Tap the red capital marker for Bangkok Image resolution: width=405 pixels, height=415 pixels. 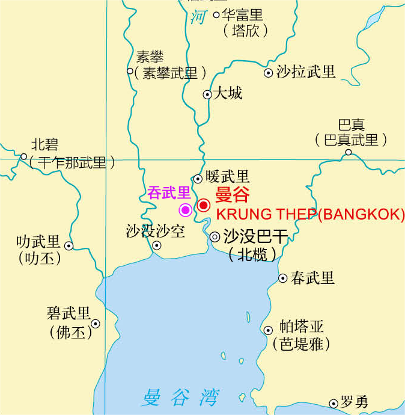coord(204,206)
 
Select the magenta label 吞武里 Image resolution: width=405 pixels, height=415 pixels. coord(169,193)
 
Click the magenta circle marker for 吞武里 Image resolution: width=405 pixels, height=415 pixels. coord(186,209)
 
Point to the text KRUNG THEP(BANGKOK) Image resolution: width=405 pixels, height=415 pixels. coord(310,215)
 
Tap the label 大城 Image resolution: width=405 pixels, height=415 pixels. coord(228,93)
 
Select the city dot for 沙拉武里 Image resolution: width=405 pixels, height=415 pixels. coord(268,73)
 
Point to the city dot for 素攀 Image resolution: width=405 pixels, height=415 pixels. coord(130,71)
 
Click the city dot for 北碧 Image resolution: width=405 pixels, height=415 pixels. coord(24,156)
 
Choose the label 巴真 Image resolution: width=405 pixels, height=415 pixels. coord(351,125)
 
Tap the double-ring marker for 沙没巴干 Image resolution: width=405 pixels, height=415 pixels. coord(215,237)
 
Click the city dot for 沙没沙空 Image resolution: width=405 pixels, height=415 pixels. coord(157,245)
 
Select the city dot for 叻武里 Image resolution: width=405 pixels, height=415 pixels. coord(69,245)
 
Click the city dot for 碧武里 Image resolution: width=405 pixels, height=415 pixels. coord(95,324)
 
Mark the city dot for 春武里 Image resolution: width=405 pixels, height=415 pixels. coord(282,278)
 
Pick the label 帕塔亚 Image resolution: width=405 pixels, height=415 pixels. coord(302,327)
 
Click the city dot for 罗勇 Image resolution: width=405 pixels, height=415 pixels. coord(333,404)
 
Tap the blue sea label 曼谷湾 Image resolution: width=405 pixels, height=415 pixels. coord(180,398)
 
